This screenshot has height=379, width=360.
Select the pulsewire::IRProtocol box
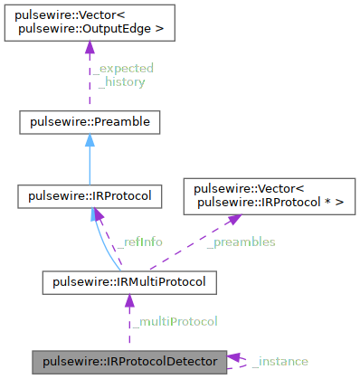pyautogui.click(x=90, y=195)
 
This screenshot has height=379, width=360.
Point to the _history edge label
pyautogui.click(x=122, y=81)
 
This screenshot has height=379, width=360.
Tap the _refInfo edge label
pyautogui.click(x=139, y=242)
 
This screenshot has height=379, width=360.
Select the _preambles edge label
pyautogui.click(x=241, y=242)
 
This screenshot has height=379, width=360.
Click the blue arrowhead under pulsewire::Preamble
pyautogui.click(x=90, y=141)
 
